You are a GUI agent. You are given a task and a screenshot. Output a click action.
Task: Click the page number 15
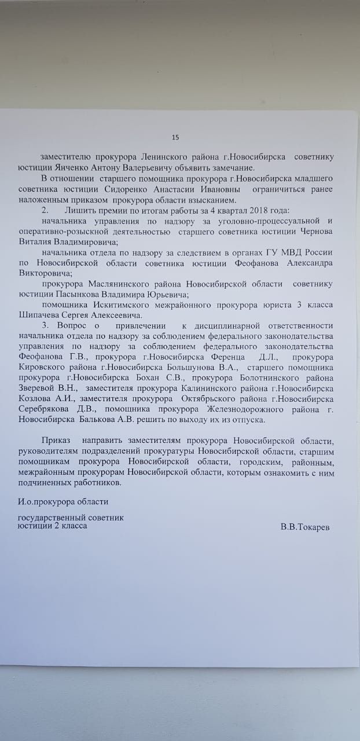[x=175, y=137]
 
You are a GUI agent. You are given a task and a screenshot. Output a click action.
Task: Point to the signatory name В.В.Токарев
[x=305, y=527]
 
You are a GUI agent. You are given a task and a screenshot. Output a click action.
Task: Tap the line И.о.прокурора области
[x=63, y=501]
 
